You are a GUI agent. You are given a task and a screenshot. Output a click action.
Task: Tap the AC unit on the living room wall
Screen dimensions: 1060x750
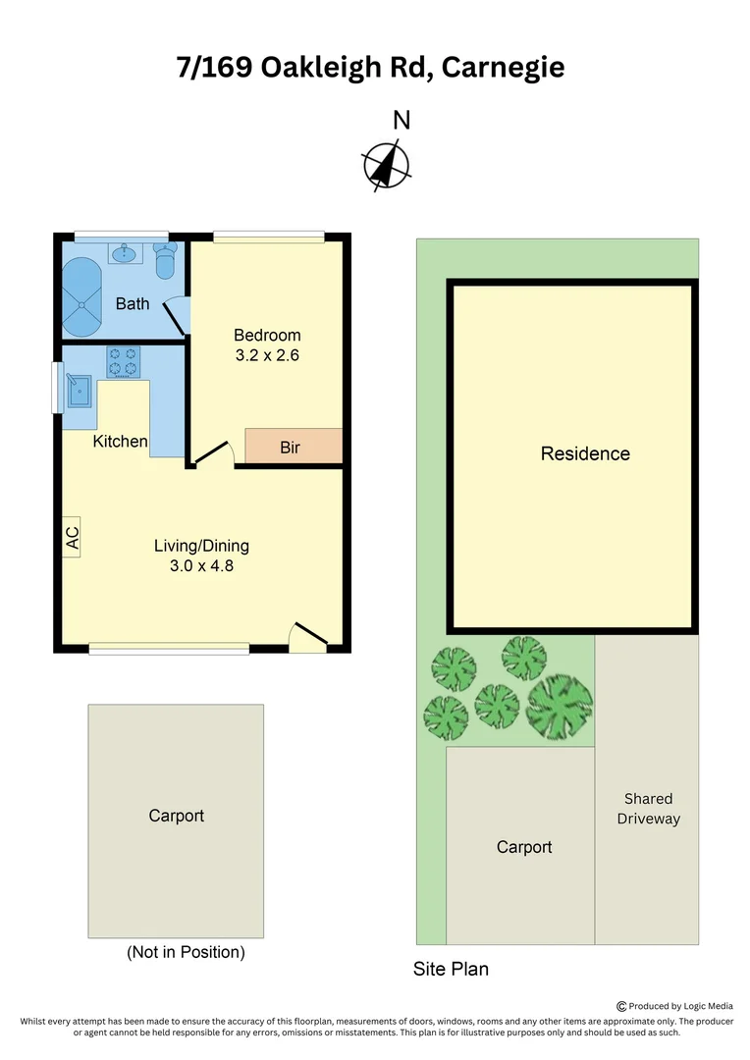[72, 537]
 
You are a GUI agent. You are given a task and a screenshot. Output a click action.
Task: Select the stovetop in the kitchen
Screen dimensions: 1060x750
[124, 362]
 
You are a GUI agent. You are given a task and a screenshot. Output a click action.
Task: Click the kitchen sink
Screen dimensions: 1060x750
[80, 390]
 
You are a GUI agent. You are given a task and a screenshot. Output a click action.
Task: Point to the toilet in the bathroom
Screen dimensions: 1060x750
[165, 259]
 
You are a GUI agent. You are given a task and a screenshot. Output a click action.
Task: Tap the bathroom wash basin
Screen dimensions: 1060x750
[125, 255]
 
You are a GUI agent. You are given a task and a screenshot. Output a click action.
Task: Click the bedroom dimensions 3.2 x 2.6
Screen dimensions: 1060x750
[267, 355]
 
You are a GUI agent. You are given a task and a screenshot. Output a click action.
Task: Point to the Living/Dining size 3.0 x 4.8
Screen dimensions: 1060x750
[201, 565]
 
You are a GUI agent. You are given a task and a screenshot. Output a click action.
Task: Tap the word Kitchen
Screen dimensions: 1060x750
[121, 442]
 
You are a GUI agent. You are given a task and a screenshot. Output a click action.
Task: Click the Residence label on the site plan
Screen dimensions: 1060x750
[585, 453]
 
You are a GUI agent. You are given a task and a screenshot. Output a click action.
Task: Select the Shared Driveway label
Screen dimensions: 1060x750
[648, 809]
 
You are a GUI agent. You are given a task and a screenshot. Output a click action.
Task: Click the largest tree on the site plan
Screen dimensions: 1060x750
[560, 705]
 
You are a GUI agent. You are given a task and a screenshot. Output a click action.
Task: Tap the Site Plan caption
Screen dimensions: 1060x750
[451, 970]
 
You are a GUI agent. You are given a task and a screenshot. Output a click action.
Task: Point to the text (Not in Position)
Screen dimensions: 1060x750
[186, 951]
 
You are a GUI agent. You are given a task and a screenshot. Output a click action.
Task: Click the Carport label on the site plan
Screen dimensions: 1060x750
[524, 847]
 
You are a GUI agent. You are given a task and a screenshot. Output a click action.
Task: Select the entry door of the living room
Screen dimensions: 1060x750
[308, 636]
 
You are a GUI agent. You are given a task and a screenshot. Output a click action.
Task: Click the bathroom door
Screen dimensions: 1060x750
[175, 315]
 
